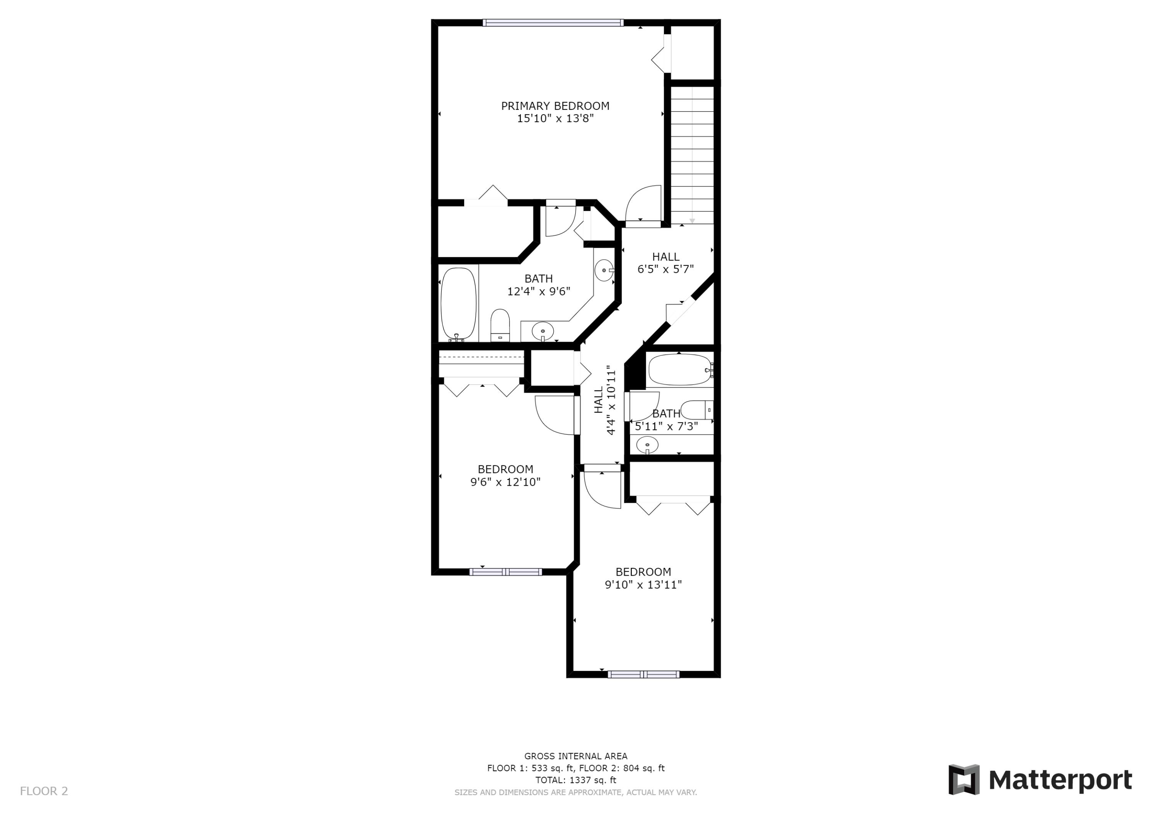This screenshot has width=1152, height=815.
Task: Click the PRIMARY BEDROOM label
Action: pyautogui.click(x=555, y=106)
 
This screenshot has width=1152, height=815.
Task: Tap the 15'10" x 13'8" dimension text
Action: pyautogui.click(x=555, y=118)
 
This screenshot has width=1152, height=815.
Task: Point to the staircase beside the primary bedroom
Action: pyautogui.click(x=692, y=155)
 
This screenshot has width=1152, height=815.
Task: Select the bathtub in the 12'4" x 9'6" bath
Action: pyautogui.click(x=458, y=304)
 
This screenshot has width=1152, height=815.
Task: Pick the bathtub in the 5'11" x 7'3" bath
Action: pyautogui.click(x=680, y=370)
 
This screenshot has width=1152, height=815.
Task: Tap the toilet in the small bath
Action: pyautogui.click(x=697, y=410)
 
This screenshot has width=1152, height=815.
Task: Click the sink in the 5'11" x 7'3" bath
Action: pyautogui.click(x=647, y=445)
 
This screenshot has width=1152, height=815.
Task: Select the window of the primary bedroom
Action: pyautogui.click(x=553, y=23)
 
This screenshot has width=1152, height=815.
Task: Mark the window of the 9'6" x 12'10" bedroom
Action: pyautogui.click(x=506, y=571)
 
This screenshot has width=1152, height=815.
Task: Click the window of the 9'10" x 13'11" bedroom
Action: pyautogui.click(x=643, y=674)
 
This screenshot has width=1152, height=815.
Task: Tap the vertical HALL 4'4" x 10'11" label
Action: pyautogui.click(x=604, y=400)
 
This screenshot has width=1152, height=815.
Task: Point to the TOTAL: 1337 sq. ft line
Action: pyautogui.click(x=576, y=780)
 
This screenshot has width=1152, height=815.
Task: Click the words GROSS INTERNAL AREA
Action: pyautogui.click(x=576, y=756)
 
